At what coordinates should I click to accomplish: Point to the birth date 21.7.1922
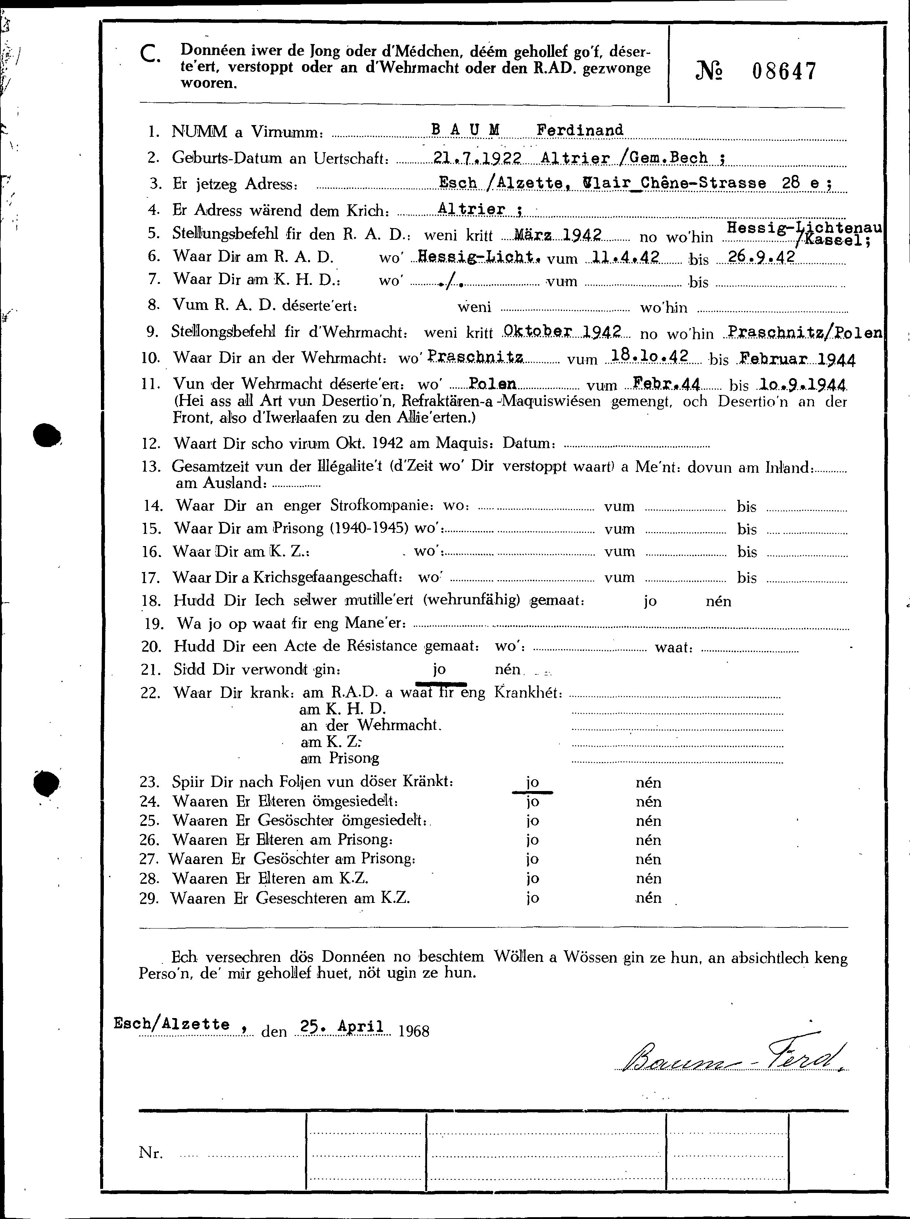pos(477,158)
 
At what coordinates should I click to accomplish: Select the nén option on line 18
pos(718,601)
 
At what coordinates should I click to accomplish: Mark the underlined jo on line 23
pos(532,782)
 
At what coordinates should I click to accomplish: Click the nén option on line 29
pos(648,898)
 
